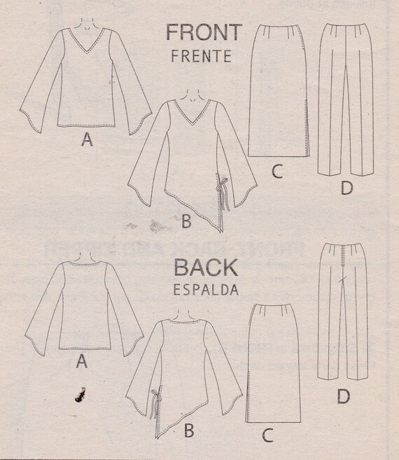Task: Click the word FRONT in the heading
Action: click(x=204, y=32)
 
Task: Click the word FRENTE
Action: click(x=202, y=56)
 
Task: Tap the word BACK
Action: click(x=206, y=267)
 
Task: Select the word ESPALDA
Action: click(x=206, y=290)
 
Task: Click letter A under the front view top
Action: click(x=87, y=139)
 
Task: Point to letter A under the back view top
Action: click(x=82, y=361)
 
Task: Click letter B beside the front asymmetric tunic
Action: click(x=187, y=221)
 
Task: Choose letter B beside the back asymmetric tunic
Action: click(x=189, y=431)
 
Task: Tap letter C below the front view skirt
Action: click(x=277, y=172)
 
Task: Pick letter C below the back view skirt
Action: click(x=267, y=435)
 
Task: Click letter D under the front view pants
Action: click(x=346, y=188)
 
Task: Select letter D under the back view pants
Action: click(x=344, y=396)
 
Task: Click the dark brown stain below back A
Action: click(x=80, y=395)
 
